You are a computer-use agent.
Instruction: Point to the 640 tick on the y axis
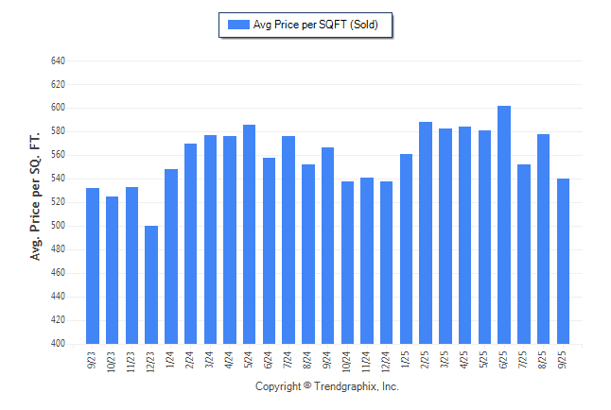tap(58, 60)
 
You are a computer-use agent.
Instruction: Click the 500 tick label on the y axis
tap(58, 226)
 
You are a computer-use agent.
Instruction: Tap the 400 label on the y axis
tap(58, 344)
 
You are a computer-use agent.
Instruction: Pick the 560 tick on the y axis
tap(58, 155)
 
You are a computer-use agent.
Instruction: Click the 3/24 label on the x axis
tap(211, 360)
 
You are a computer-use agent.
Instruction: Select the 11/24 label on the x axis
tap(368, 361)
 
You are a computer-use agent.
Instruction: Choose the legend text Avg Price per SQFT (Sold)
tap(316, 25)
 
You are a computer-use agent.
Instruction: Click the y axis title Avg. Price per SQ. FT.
tap(36, 196)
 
